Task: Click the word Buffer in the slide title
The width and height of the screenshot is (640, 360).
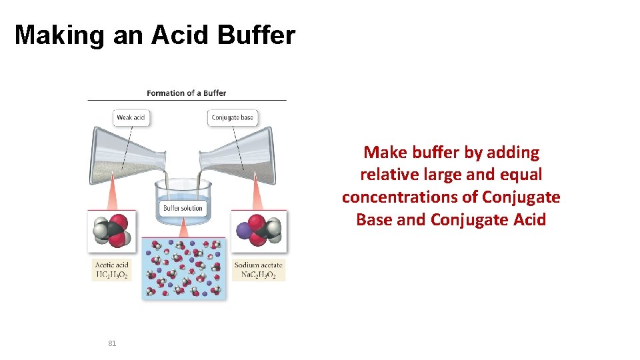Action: tap(256, 35)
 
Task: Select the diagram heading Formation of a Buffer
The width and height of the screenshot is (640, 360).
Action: tap(186, 93)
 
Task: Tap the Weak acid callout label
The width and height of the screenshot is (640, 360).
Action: tap(131, 118)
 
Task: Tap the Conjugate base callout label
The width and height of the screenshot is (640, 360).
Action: tap(232, 118)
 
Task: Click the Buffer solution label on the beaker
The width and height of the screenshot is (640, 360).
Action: tap(183, 209)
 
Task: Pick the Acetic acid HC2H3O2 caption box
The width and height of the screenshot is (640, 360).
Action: tap(111, 270)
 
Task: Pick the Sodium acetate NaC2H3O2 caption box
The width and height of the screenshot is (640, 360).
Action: tap(259, 270)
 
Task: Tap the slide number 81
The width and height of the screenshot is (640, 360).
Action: tap(112, 343)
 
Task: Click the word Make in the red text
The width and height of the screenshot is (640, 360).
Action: tap(380, 153)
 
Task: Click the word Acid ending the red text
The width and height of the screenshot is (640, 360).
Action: tap(529, 220)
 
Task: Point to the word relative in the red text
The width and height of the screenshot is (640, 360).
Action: tap(383, 175)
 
